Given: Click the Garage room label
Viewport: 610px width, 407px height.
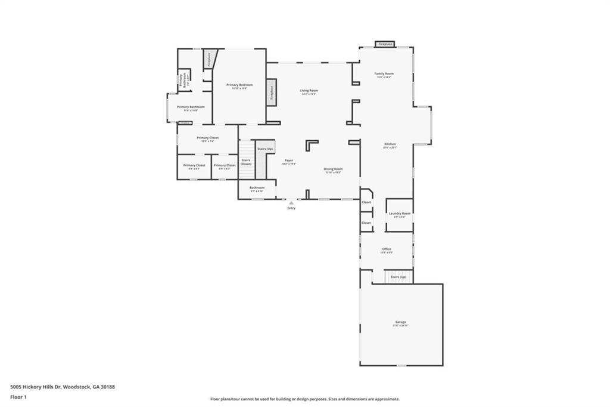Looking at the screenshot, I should [400, 322].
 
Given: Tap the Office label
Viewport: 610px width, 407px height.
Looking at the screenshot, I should [387, 249].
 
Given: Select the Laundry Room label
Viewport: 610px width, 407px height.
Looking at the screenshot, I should [399, 214].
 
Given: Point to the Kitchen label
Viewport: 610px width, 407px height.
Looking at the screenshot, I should [390, 144].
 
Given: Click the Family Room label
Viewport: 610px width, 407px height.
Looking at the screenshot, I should [384, 74].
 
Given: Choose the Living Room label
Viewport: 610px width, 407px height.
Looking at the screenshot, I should [309, 91].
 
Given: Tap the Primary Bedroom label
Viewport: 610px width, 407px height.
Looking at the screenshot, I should [239, 85].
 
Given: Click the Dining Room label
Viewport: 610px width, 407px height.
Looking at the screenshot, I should [333, 169].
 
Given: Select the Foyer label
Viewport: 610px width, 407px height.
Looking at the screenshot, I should [289, 160].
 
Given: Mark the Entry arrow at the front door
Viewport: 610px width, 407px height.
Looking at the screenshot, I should [291, 203].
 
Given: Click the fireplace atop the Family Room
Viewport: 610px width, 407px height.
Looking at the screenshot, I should [385, 44].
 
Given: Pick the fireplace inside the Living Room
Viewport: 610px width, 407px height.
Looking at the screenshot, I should [271, 92].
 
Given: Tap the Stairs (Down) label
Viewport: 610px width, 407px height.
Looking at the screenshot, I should [246, 162].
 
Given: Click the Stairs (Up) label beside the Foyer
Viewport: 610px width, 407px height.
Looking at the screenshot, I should [265, 149].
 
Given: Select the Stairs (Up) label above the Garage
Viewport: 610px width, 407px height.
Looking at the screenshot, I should [399, 277].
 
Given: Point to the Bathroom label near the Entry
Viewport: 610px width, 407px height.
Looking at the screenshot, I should [257, 188].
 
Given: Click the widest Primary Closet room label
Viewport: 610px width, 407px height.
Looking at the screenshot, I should [208, 138].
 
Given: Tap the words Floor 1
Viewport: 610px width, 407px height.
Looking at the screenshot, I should [20, 397].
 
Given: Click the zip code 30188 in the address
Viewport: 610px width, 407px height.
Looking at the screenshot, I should [107, 387].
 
